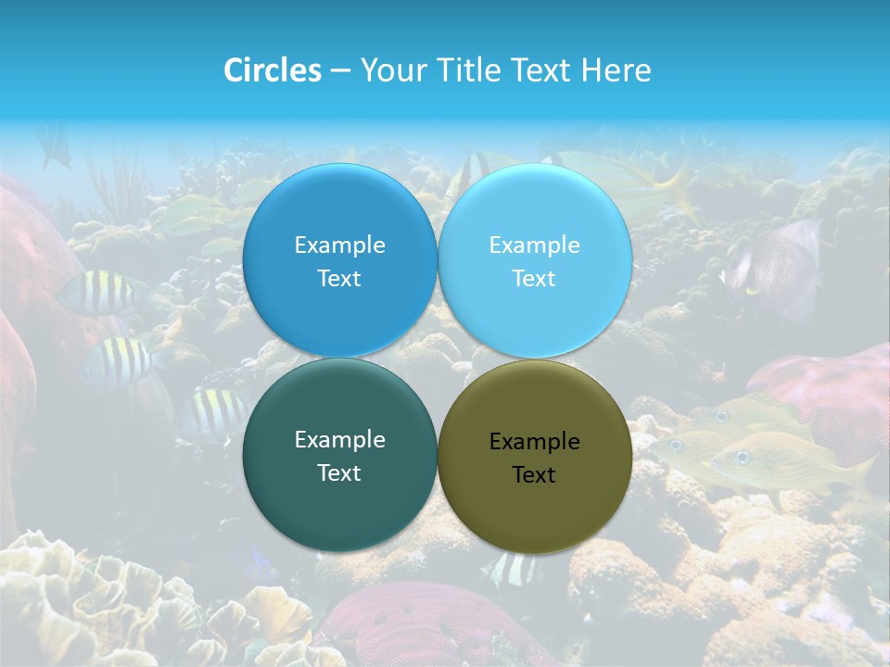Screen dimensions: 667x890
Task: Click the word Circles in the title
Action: (272, 70)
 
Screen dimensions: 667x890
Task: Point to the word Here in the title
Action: (617, 70)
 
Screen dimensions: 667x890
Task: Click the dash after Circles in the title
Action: (339, 71)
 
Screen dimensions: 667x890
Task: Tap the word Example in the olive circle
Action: (535, 442)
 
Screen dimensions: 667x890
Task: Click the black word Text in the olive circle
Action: (534, 475)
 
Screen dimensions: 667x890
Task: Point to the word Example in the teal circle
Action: (339, 440)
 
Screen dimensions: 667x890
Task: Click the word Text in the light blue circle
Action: (534, 279)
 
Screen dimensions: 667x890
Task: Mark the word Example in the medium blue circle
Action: (339, 245)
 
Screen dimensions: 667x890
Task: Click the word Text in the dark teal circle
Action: (339, 473)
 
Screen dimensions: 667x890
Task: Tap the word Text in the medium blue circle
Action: (339, 279)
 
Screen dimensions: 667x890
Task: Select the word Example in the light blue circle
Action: (535, 245)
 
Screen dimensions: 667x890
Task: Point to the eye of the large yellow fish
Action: (743, 457)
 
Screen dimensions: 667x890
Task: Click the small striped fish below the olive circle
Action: (513, 571)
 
